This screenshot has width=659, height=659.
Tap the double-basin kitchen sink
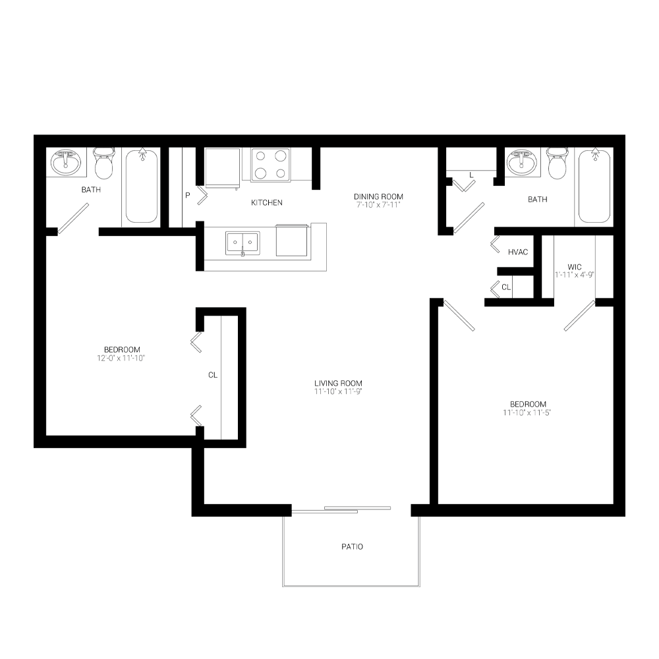point(243,243)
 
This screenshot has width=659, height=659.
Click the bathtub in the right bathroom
point(596,186)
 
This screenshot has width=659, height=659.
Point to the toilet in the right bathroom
point(558,163)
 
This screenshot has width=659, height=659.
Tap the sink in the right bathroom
point(522,161)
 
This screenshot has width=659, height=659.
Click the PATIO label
point(352,547)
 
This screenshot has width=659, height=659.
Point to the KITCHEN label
point(266,202)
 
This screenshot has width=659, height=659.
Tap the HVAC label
point(518,252)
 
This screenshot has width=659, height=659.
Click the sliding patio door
point(341,509)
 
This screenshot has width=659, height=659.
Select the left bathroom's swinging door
point(72,218)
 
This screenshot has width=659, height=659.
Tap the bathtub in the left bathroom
point(141,186)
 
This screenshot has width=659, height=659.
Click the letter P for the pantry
point(187,196)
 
